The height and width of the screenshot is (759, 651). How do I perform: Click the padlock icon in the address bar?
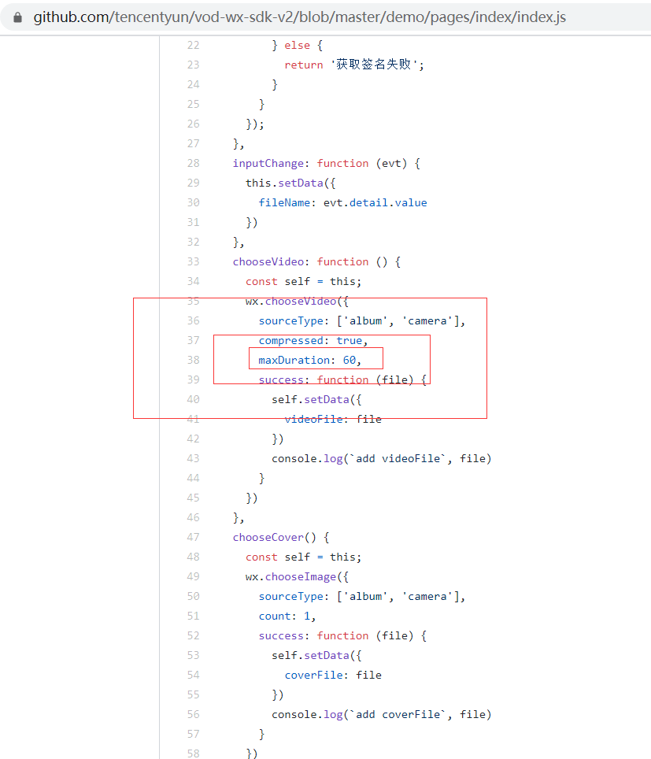pos(17,17)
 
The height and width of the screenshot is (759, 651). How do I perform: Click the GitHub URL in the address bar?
pos(299,17)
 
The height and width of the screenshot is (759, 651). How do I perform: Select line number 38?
pos(193,360)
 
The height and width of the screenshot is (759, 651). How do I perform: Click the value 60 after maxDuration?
pos(349,360)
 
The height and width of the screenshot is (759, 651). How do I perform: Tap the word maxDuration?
pos(294,360)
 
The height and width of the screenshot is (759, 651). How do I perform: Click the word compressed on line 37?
pos(290,340)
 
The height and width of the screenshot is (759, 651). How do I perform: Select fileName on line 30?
pos(284,202)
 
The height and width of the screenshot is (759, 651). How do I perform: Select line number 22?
pos(193,45)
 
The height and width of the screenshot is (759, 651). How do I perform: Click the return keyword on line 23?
pos(304,65)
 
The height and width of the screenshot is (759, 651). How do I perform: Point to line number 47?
pos(193,537)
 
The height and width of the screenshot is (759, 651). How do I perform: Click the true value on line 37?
pos(349,340)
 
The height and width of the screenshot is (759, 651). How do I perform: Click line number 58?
pos(193,753)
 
